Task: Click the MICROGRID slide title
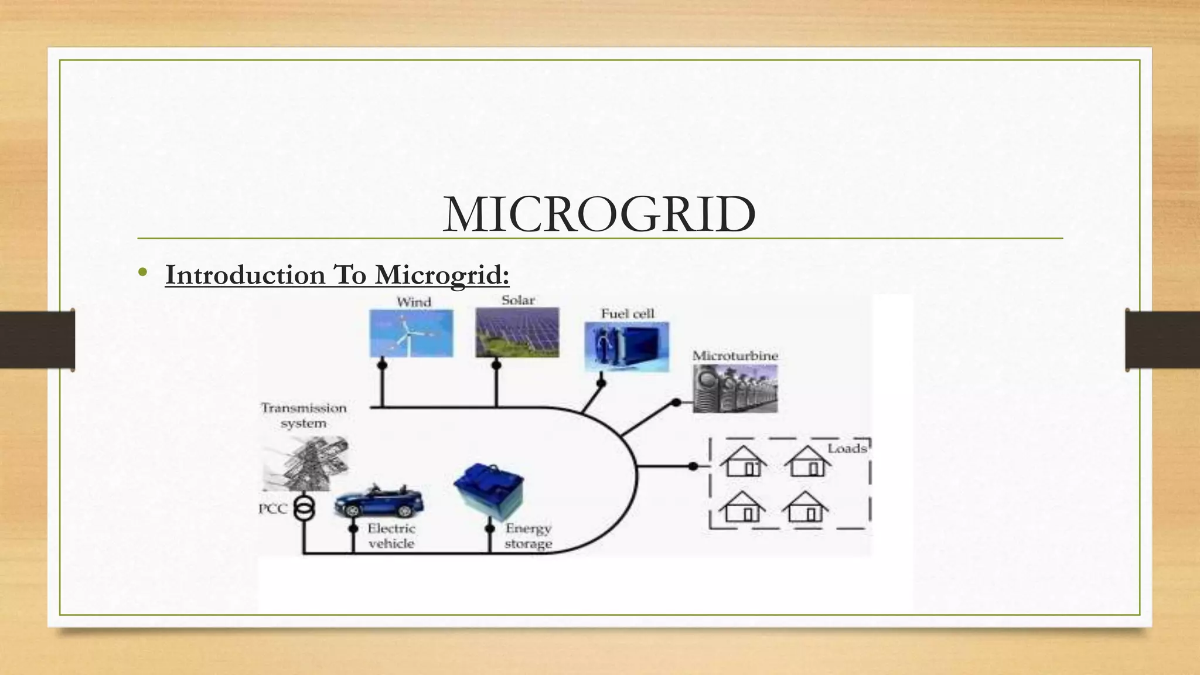coord(599,214)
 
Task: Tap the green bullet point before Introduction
coord(142,272)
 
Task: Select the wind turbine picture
coord(411,333)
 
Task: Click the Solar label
coord(518,300)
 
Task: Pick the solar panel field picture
coord(517,333)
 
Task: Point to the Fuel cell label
coord(627,313)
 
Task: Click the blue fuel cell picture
coord(626,347)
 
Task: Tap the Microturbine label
coord(735,356)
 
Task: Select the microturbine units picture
coord(735,388)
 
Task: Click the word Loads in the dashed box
coord(847,449)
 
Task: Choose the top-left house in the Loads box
coord(743,461)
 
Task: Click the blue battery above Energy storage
coord(489,490)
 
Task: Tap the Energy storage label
coord(528,536)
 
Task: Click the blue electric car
coord(379,501)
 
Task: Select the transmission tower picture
coord(305,463)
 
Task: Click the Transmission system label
coord(304,415)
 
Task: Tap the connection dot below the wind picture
coord(382,364)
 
